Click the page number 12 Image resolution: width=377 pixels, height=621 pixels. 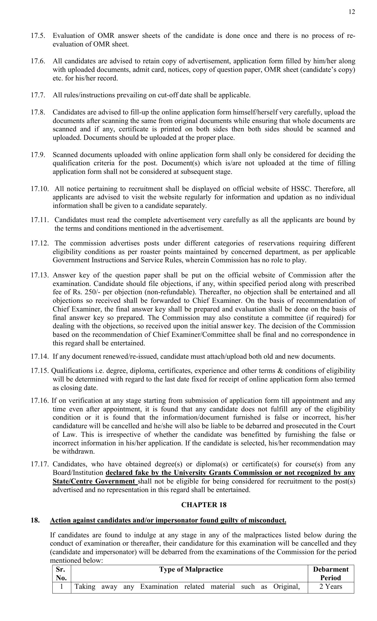click(x=352, y=12)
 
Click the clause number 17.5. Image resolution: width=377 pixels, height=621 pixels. click(x=38, y=36)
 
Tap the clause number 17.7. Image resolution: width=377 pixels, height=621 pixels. click(x=38, y=95)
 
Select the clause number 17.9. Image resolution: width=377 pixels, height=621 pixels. click(x=38, y=155)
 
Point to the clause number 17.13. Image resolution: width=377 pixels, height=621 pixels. click(x=40, y=275)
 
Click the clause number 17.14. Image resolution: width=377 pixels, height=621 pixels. click(x=40, y=356)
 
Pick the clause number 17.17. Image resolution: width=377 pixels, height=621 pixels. click(x=40, y=464)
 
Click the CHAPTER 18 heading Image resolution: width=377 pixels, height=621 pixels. click(x=204, y=505)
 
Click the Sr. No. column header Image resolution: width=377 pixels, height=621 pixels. click(x=62, y=574)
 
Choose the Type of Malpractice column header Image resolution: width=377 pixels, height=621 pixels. click(x=191, y=570)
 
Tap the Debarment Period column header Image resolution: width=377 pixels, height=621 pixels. click(x=331, y=574)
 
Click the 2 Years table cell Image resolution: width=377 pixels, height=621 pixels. click(x=331, y=587)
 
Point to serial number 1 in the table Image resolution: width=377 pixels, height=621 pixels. click(x=62, y=587)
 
